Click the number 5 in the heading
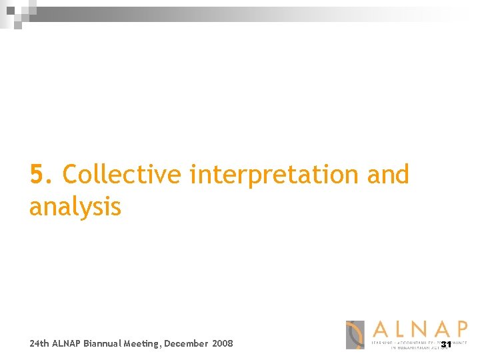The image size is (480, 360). tap(39, 175)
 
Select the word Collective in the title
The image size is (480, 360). tap(121, 175)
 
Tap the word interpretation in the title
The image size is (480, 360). tap(274, 175)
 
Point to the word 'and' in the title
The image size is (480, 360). tap(388, 175)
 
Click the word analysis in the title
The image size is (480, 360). tap(75, 207)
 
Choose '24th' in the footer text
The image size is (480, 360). tap(39, 344)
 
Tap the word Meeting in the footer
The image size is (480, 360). tap(142, 344)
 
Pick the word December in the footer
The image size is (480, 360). tap(186, 344)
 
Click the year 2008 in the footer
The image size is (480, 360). tap(223, 344)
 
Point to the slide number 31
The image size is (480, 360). tap(446, 345)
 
